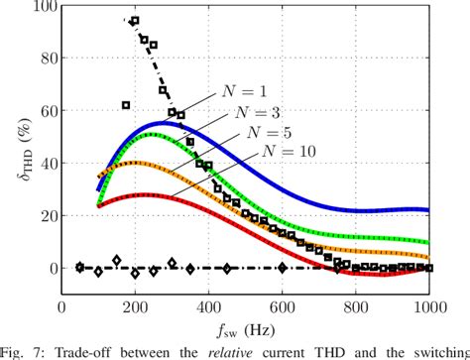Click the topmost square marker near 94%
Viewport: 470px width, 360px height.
[135, 21]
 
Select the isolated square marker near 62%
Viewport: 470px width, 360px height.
[126, 105]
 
